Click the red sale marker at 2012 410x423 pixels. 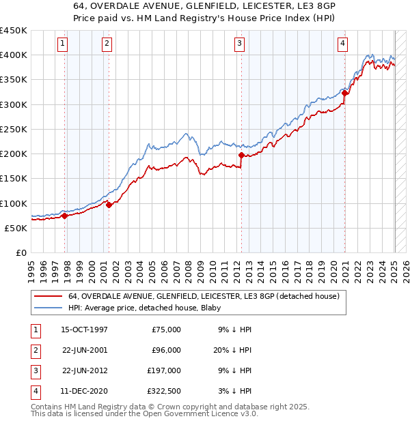[241, 156]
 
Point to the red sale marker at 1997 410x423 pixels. [65, 216]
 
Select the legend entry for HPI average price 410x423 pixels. [131, 308]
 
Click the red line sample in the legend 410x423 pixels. [47, 296]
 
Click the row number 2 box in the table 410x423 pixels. [35, 350]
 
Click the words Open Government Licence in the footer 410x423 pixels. [203, 413]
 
